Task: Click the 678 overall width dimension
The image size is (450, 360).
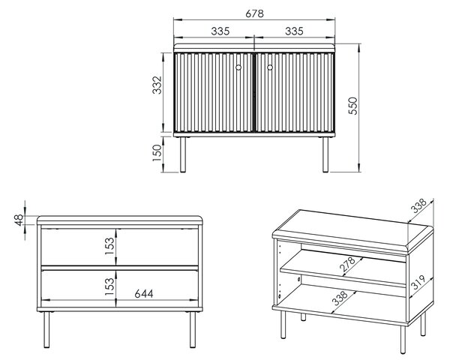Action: click(x=254, y=13)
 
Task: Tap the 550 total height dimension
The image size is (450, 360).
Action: click(x=353, y=106)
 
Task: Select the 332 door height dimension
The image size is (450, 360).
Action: click(x=157, y=85)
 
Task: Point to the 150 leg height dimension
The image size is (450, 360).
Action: click(x=157, y=153)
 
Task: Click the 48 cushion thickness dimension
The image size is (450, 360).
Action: click(x=19, y=220)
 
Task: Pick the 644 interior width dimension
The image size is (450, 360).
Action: click(x=144, y=294)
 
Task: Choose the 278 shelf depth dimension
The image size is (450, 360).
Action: click(x=347, y=265)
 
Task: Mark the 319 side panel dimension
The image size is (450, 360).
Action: click(x=418, y=282)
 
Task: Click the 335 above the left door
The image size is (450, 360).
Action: click(x=220, y=31)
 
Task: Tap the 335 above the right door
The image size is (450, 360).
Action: click(x=294, y=31)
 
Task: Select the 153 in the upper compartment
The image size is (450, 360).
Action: click(x=109, y=246)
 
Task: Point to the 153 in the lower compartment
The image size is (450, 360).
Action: click(x=109, y=286)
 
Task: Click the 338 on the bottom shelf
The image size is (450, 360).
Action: click(x=340, y=298)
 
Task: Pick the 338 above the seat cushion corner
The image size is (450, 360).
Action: click(x=418, y=205)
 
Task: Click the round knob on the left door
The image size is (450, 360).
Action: click(x=238, y=67)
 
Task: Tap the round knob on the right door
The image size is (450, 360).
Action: click(x=270, y=67)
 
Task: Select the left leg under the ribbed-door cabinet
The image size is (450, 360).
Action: click(x=183, y=154)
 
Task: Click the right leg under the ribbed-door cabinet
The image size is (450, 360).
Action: click(x=325, y=154)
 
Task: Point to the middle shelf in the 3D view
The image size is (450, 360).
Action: click(x=343, y=269)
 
